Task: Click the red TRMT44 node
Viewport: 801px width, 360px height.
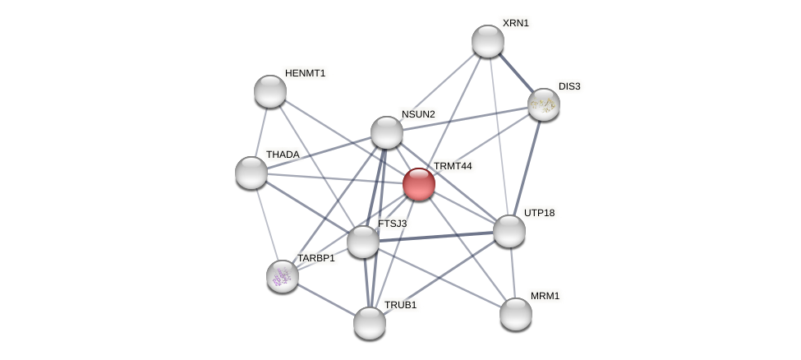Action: pyautogui.click(x=419, y=184)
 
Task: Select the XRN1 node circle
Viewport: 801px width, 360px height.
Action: pyautogui.click(x=488, y=41)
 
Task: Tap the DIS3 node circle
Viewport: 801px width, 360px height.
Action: pyautogui.click(x=544, y=104)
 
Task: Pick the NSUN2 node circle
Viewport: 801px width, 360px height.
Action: pyautogui.click(x=387, y=132)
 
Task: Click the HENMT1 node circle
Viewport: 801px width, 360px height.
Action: pyautogui.click(x=270, y=91)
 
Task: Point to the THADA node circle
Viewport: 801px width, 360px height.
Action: pyautogui.click(x=251, y=173)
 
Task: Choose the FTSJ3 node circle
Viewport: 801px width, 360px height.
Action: pyautogui.click(x=363, y=242)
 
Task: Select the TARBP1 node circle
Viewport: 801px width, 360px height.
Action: pyautogui.click(x=283, y=276)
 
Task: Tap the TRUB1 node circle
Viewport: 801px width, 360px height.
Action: pyautogui.click(x=370, y=322)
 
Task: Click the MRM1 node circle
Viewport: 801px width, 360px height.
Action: pyautogui.click(x=516, y=313)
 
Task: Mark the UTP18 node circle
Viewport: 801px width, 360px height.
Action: pyautogui.click(x=509, y=231)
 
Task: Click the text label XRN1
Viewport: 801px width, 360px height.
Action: pyautogui.click(x=516, y=23)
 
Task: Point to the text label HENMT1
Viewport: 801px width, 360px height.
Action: pyautogui.click(x=305, y=73)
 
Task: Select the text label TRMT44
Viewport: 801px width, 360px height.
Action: pyautogui.click(x=453, y=166)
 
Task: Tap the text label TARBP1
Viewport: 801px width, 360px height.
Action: pyautogui.click(x=316, y=258)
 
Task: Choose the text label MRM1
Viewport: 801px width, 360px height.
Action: pyautogui.click(x=545, y=296)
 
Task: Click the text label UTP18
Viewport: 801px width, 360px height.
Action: pyautogui.click(x=539, y=213)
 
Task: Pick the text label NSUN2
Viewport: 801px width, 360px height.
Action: pyautogui.click(x=418, y=114)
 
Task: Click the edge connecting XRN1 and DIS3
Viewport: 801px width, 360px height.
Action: pyautogui.click(x=516, y=73)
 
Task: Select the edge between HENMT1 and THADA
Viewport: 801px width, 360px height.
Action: pyautogui.click(x=261, y=132)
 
